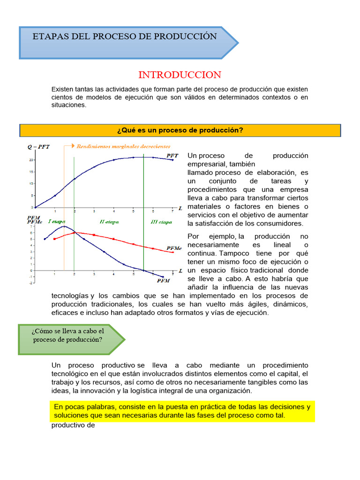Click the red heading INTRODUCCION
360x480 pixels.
180,75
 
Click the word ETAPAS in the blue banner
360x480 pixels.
49,37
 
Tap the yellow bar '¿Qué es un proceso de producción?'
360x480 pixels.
180,130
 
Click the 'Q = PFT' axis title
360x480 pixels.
39,146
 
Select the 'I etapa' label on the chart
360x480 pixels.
57,221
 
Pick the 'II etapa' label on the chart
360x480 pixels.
109,221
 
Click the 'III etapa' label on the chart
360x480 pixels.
161,222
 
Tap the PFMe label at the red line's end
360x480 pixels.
174,248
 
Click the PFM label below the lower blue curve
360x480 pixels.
163,281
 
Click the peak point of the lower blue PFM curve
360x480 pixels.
64,226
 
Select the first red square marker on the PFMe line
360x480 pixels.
55,239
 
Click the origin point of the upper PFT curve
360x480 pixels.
35,207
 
